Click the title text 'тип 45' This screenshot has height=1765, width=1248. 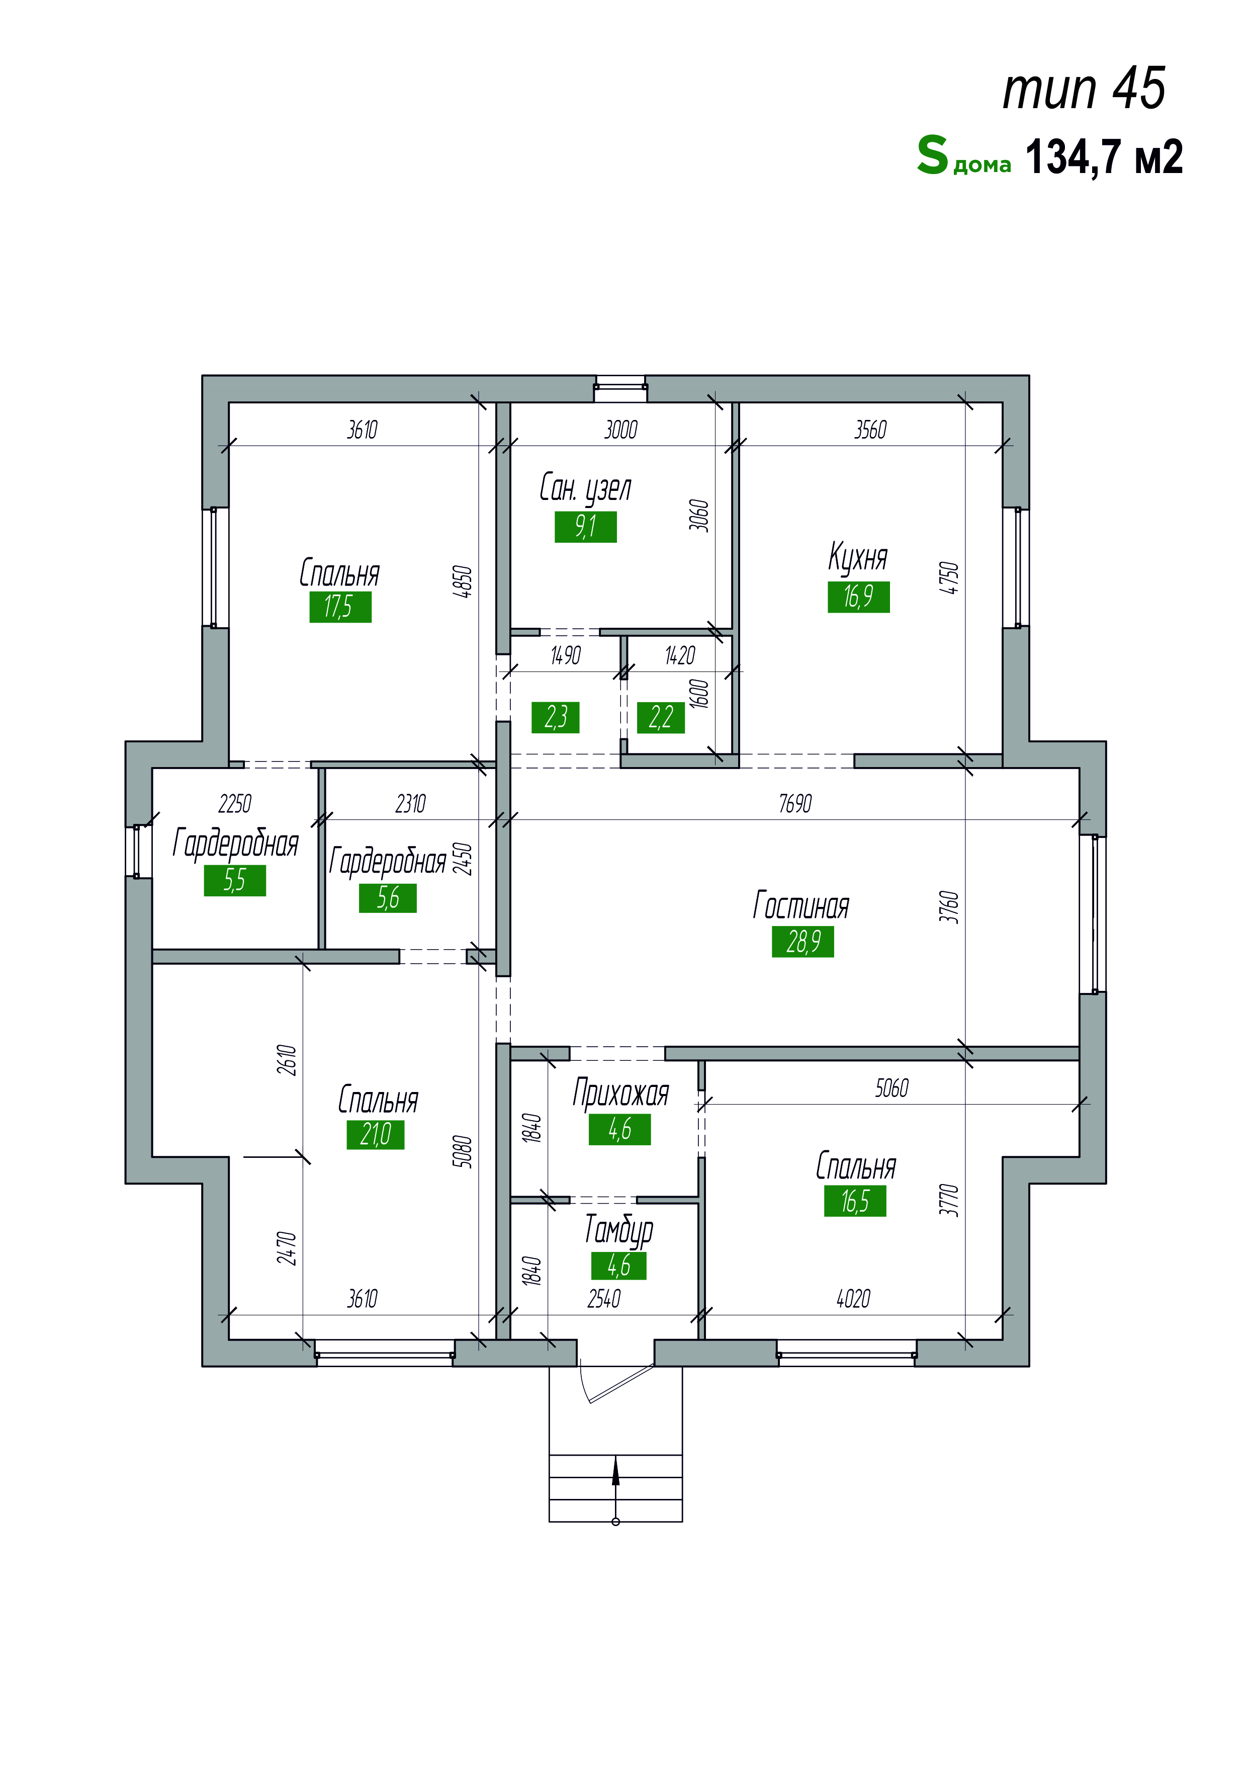tap(1084, 89)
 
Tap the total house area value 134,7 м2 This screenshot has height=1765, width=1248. tap(1104, 157)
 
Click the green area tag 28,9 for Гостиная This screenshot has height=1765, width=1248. tap(803, 942)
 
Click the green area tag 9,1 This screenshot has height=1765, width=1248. tap(586, 527)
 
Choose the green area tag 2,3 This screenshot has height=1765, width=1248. tap(556, 717)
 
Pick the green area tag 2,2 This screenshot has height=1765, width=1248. tap(661, 717)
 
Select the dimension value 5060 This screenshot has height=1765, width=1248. tap(892, 1088)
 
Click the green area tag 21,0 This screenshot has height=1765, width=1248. tap(376, 1134)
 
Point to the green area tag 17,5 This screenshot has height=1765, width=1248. tap(340, 607)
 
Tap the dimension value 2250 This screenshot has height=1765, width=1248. tap(234, 804)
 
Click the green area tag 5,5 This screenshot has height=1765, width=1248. tap(235, 880)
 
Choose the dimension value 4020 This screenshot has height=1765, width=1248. tap(853, 1299)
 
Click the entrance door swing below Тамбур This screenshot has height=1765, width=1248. tap(615, 1384)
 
